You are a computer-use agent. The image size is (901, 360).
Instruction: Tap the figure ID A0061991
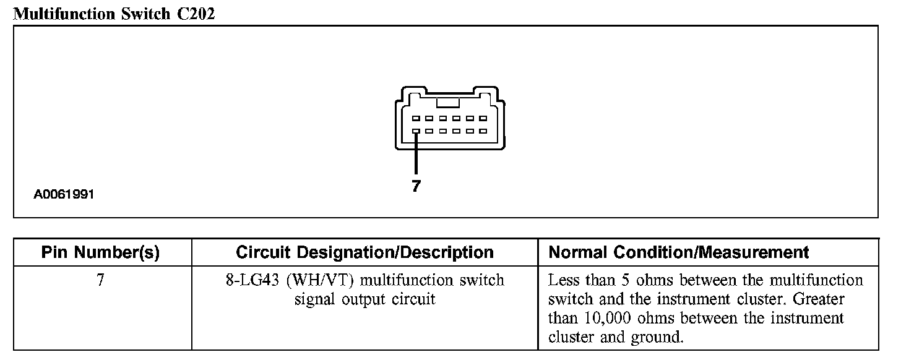pyautogui.click(x=64, y=195)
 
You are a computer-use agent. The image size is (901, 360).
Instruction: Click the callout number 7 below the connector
pyautogui.click(x=416, y=186)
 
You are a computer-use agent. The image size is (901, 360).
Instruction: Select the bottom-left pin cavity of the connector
pyautogui.click(x=416, y=131)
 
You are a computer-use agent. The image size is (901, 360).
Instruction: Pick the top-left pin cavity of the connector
pyautogui.click(x=416, y=118)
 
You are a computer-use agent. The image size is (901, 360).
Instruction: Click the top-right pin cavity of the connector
pyautogui.click(x=483, y=118)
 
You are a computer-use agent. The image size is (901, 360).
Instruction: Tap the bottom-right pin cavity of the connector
pyautogui.click(x=483, y=131)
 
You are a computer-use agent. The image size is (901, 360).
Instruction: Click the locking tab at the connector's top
pyautogui.click(x=447, y=103)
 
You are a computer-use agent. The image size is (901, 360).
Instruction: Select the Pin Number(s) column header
pyautogui.click(x=100, y=252)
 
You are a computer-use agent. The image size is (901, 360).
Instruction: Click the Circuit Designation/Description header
pyautogui.click(x=364, y=252)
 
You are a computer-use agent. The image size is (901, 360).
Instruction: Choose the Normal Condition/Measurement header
pyautogui.click(x=679, y=252)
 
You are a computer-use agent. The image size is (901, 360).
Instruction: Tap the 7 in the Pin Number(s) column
pyautogui.click(x=100, y=280)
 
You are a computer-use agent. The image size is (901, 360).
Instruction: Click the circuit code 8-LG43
pyautogui.click(x=252, y=280)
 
